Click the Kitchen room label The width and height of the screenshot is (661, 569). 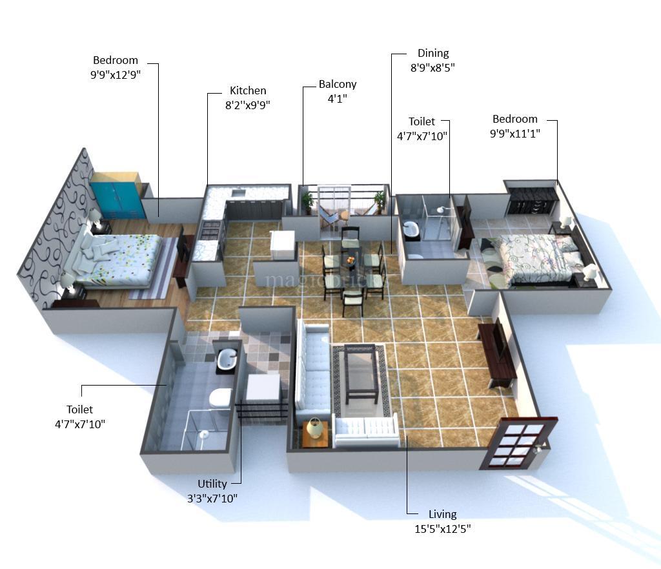[247, 91]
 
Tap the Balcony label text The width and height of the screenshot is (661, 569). [337, 85]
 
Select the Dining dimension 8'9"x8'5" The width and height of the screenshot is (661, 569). [432, 68]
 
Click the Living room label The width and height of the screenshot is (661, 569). [442, 515]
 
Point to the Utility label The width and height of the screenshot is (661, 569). [212, 484]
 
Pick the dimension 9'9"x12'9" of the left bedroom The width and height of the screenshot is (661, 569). [116, 75]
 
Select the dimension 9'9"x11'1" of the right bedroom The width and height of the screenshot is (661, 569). [514, 134]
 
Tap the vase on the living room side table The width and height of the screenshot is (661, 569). [314, 427]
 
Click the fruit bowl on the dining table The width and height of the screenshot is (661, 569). [351, 259]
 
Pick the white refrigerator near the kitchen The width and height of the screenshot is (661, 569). [282, 245]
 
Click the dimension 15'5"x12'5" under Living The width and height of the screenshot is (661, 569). [442, 529]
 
